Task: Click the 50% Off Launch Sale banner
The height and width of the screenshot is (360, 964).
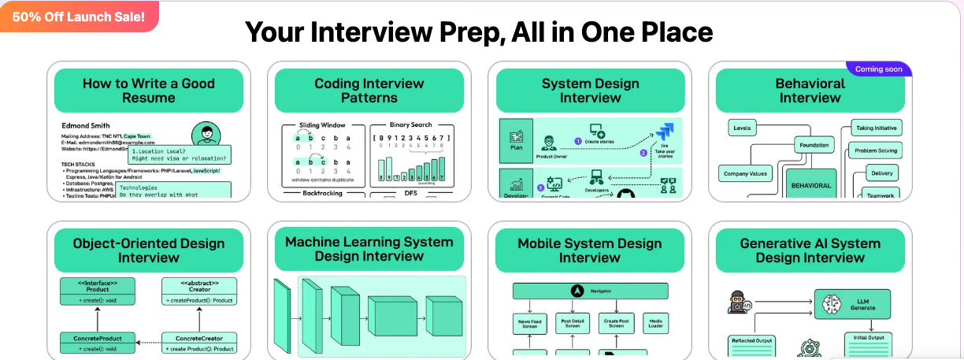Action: [79, 17]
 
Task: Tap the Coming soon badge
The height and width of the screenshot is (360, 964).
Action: [878, 69]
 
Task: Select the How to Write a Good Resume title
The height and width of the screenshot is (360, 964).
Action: [148, 91]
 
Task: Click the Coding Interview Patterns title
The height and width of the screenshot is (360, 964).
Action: [369, 91]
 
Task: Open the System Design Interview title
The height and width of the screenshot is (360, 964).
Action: [590, 91]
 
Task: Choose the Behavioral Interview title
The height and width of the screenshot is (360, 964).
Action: [810, 91]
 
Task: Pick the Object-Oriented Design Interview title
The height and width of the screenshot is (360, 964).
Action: [148, 251]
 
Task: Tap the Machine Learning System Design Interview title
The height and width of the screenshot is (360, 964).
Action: [369, 249]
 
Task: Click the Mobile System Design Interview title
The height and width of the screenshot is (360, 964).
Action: [590, 251]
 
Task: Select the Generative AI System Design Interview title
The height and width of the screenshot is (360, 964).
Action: [810, 251]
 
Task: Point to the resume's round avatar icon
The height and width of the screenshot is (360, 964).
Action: [206, 135]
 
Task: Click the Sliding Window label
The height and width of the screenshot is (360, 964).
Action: [322, 125]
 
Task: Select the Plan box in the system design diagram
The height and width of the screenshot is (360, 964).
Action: [517, 140]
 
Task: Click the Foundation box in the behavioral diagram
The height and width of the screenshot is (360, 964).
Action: [814, 145]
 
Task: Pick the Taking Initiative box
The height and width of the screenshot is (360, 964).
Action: [877, 128]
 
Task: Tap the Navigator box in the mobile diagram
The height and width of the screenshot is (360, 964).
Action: [590, 291]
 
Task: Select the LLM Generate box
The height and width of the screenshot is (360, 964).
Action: [856, 303]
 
